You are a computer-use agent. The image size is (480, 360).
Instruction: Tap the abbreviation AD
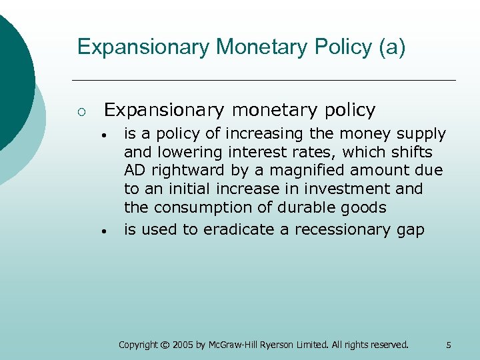pyautogui.click(x=135, y=171)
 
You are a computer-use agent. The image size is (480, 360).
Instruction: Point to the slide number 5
pyautogui.click(x=449, y=345)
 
